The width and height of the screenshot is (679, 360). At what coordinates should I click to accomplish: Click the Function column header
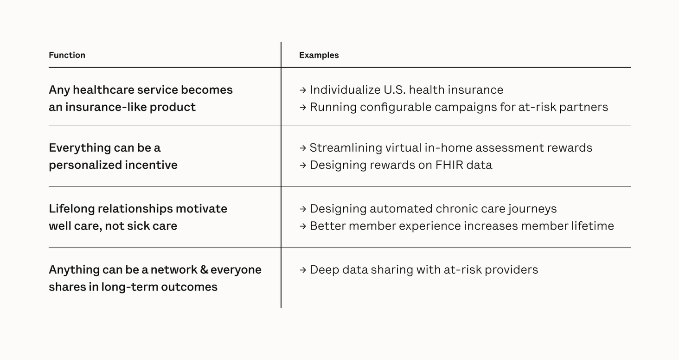(67, 55)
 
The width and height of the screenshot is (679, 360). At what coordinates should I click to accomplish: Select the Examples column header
(319, 55)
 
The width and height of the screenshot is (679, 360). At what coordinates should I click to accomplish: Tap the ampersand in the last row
(204, 270)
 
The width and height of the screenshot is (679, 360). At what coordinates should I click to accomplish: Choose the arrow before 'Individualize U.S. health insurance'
(302, 90)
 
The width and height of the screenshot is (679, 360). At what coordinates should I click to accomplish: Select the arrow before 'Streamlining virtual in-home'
(302, 148)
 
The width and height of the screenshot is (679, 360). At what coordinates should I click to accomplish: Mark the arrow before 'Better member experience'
(302, 226)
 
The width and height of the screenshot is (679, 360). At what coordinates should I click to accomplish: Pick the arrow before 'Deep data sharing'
(302, 270)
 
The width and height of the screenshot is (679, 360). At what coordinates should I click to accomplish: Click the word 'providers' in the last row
(512, 270)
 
